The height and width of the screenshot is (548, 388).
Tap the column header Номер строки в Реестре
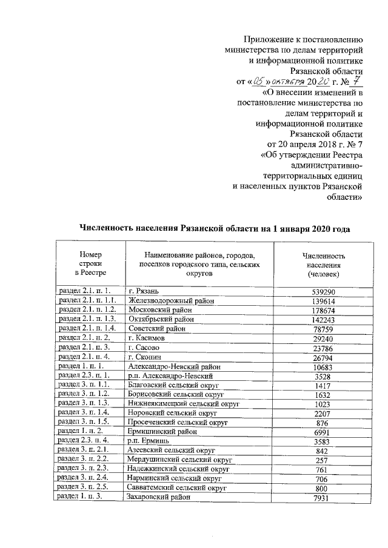pyautogui.click(x=90, y=265)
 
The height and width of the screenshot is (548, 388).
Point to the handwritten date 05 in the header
pyautogui.click(x=259, y=80)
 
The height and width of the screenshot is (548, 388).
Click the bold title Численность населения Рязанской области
pyautogui.click(x=215, y=228)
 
